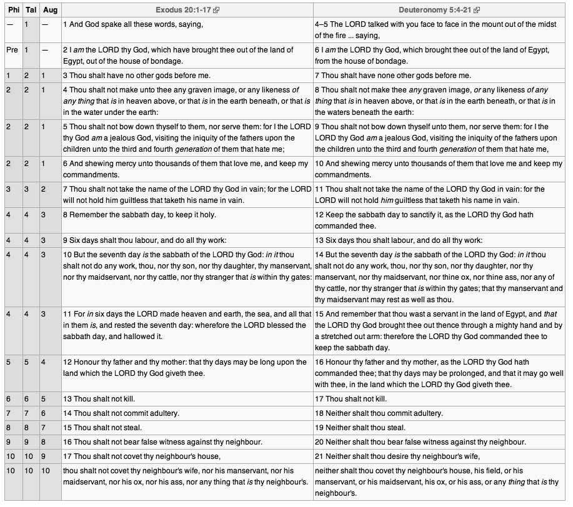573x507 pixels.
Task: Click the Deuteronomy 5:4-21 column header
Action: point(436,10)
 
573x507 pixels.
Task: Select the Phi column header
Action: point(12,10)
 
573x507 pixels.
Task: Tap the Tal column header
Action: point(31,10)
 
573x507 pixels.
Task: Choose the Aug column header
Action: point(49,10)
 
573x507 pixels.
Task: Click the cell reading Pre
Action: point(12,49)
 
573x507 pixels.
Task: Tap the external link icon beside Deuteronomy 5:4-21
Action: point(477,11)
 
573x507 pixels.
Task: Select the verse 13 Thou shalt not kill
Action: point(99,398)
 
